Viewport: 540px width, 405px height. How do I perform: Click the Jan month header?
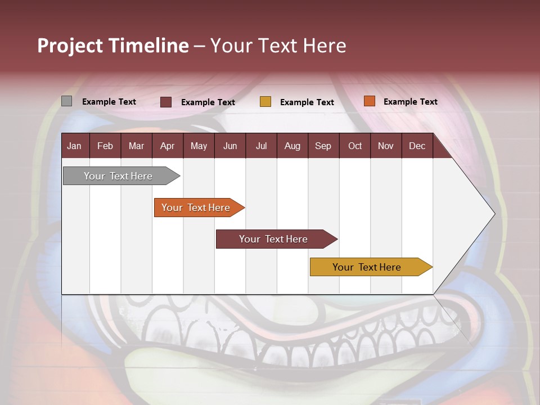click(x=75, y=146)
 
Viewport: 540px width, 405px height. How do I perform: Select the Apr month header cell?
click(x=168, y=146)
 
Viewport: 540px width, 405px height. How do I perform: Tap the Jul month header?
click(x=261, y=146)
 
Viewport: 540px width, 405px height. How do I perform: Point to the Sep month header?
click(x=323, y=146)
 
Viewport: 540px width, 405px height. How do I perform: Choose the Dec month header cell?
click(x=417, y=146)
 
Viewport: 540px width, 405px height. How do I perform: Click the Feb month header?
click(x=105, y=146)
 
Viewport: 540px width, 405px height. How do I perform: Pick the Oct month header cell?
click(x=354, y=146)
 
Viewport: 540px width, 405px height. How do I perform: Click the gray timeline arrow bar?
click(x=119, y=176)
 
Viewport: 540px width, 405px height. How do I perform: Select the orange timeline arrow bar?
click(x=196, y=208)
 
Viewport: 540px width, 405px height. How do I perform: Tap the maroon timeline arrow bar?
click(x=273, y=239)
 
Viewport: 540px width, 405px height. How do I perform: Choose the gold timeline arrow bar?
click(x=367, y=267)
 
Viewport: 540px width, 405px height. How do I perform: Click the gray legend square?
click(x=67, y=101)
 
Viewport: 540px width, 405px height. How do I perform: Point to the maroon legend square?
click(x=166, y=102)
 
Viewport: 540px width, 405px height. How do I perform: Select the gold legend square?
click(x=265, y=102)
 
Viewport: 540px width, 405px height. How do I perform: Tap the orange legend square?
click(x=369, y=101)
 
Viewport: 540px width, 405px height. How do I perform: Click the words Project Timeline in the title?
click(x=113, y=46)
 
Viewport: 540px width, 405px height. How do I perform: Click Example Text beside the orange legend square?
click(x=410, y=102)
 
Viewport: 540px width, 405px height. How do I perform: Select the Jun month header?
click(x=230, y=146)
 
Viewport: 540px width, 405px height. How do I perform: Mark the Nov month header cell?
click(x=386, y=146)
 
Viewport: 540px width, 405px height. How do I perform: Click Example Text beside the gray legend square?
click(x=109, y=102)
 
